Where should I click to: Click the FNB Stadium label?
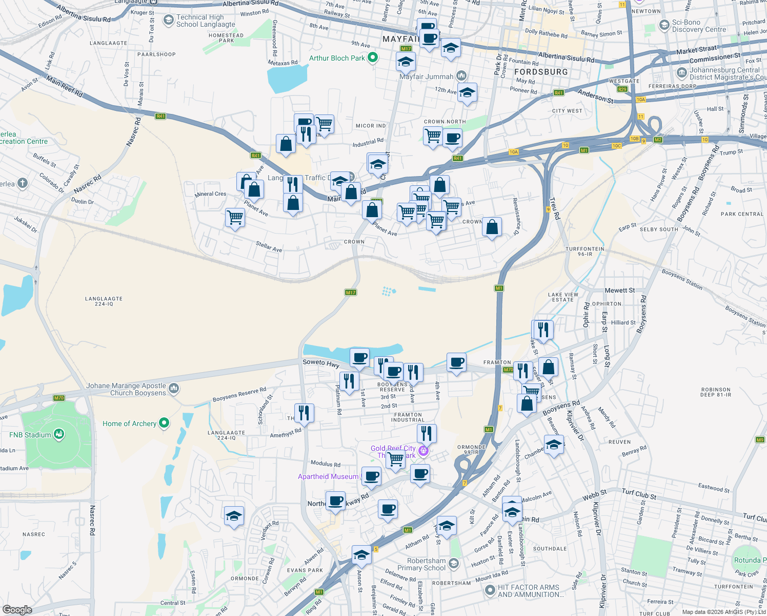(x=30, y=435)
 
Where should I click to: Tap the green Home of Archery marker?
(x=164, y=423)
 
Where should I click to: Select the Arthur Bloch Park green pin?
(x=373, y=57)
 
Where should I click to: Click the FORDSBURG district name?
(x=541, y=72)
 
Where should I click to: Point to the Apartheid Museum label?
(x=328, y=476)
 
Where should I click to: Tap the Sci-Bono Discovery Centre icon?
(x=664, y=25)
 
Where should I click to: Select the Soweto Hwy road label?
(x=321, y=363)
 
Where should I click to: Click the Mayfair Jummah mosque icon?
(x=461, y=76)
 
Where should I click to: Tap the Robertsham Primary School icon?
(x=454, y=564)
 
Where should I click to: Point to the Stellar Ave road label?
(x=269, y=247)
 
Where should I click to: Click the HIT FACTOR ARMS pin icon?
(x=490, y=590)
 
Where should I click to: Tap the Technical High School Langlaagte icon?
(x=168, y=20)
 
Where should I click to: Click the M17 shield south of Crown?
(x=351, y=293)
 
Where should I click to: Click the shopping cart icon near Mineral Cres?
(x=235, y=217)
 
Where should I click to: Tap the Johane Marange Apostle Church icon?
(x=174, y=389)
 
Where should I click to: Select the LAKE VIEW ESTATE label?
(x=563, y=297)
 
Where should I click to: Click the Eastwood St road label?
(x=714, y=488)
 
